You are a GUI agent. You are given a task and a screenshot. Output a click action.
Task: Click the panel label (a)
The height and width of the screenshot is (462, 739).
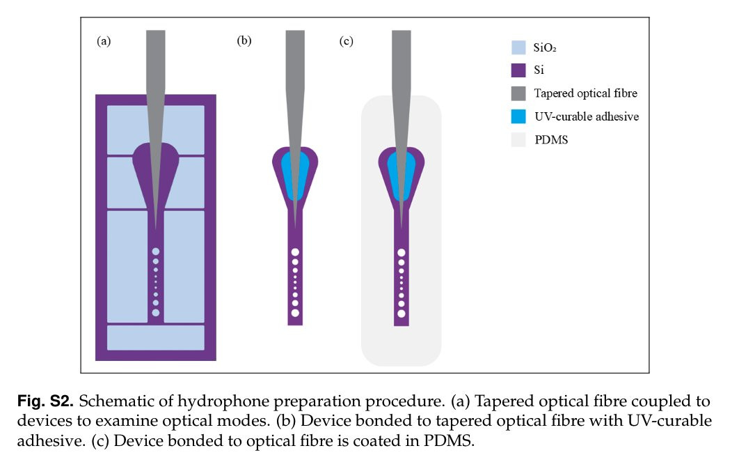click(104, 41)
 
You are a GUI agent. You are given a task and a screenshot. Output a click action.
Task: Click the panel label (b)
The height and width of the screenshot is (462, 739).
click(244, 41)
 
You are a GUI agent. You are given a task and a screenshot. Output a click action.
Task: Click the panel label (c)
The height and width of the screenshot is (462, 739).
click(347, 41)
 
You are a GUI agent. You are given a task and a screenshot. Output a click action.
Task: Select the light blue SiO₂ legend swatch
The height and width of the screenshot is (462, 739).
click(518, 47)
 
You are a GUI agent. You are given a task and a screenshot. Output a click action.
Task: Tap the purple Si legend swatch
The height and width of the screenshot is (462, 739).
click(518, 70)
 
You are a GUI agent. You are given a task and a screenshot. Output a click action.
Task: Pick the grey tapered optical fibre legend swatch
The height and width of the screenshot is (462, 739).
click(518, 93)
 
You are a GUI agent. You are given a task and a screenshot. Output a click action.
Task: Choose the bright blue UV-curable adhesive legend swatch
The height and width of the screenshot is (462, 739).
click(518, 116)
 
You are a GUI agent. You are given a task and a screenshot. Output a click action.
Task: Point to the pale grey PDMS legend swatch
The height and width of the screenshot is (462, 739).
click(518, 139)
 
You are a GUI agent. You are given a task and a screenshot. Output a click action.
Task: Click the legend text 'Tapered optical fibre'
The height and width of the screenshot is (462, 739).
click(585, 93)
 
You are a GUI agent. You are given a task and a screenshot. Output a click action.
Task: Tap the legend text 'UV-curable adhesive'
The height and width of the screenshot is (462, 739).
click(586, 116)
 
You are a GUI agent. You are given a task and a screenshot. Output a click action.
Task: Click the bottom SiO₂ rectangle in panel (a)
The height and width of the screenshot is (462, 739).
click(155, 337)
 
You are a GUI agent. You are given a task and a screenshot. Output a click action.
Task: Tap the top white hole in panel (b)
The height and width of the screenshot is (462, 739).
click(295, 252)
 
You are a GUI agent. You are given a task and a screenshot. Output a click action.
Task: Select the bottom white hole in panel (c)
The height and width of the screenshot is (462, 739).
click(402, 314)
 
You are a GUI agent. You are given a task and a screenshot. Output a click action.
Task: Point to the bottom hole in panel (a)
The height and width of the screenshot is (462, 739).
click(155, 313)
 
